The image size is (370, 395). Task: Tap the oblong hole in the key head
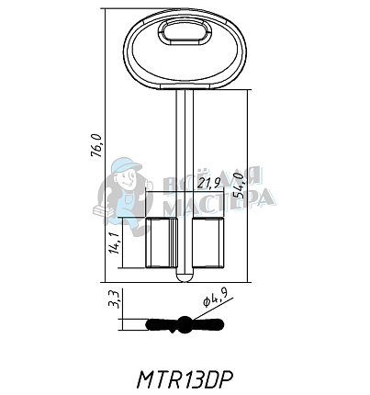tap(185, 35)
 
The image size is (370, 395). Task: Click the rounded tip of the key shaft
tap(185, 274)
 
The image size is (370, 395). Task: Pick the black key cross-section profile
tap(185, 323)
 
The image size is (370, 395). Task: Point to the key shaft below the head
tap(185, 138)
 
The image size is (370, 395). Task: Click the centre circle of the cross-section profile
tap(185, 323)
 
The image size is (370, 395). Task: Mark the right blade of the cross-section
tap(207, 323)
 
